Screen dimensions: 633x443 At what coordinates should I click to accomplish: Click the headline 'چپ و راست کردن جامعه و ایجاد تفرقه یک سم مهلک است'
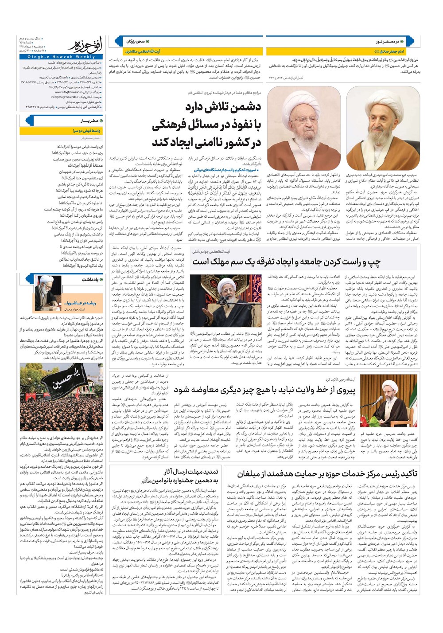[286, 262]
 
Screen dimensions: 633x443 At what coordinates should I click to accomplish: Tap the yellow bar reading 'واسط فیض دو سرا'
[87, 131]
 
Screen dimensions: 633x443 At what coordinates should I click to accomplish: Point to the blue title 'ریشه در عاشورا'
[80, 303]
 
